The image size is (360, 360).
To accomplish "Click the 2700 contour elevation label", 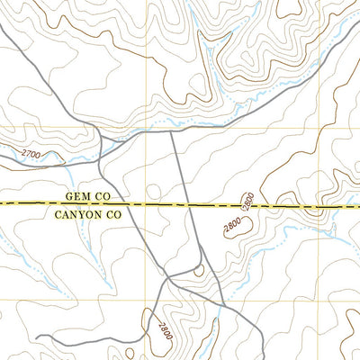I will [x=30, y=155].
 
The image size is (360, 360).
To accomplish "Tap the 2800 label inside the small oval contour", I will [x=233, y=224].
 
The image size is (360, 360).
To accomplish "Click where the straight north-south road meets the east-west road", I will [x=172, y=132].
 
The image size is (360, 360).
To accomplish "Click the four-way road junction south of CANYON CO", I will [x=166, y=279].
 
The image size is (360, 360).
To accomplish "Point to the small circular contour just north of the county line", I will [x=152, y=190].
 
